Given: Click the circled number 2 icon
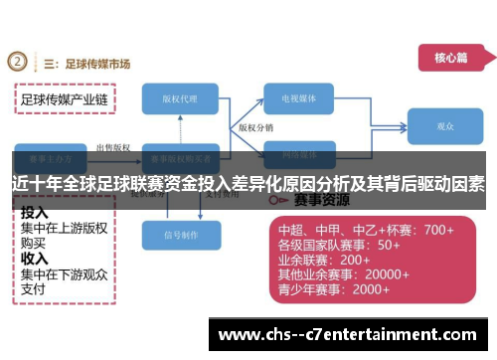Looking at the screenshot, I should click(18, 63).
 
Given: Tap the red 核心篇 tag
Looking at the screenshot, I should click(449, 58).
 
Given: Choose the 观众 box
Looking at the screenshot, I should click(444, 127).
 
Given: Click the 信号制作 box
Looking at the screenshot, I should click(181, 235).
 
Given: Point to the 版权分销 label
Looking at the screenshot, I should click(255, 128).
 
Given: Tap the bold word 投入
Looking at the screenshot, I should click(35, 212).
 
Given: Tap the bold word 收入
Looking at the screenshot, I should click(35, 258).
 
